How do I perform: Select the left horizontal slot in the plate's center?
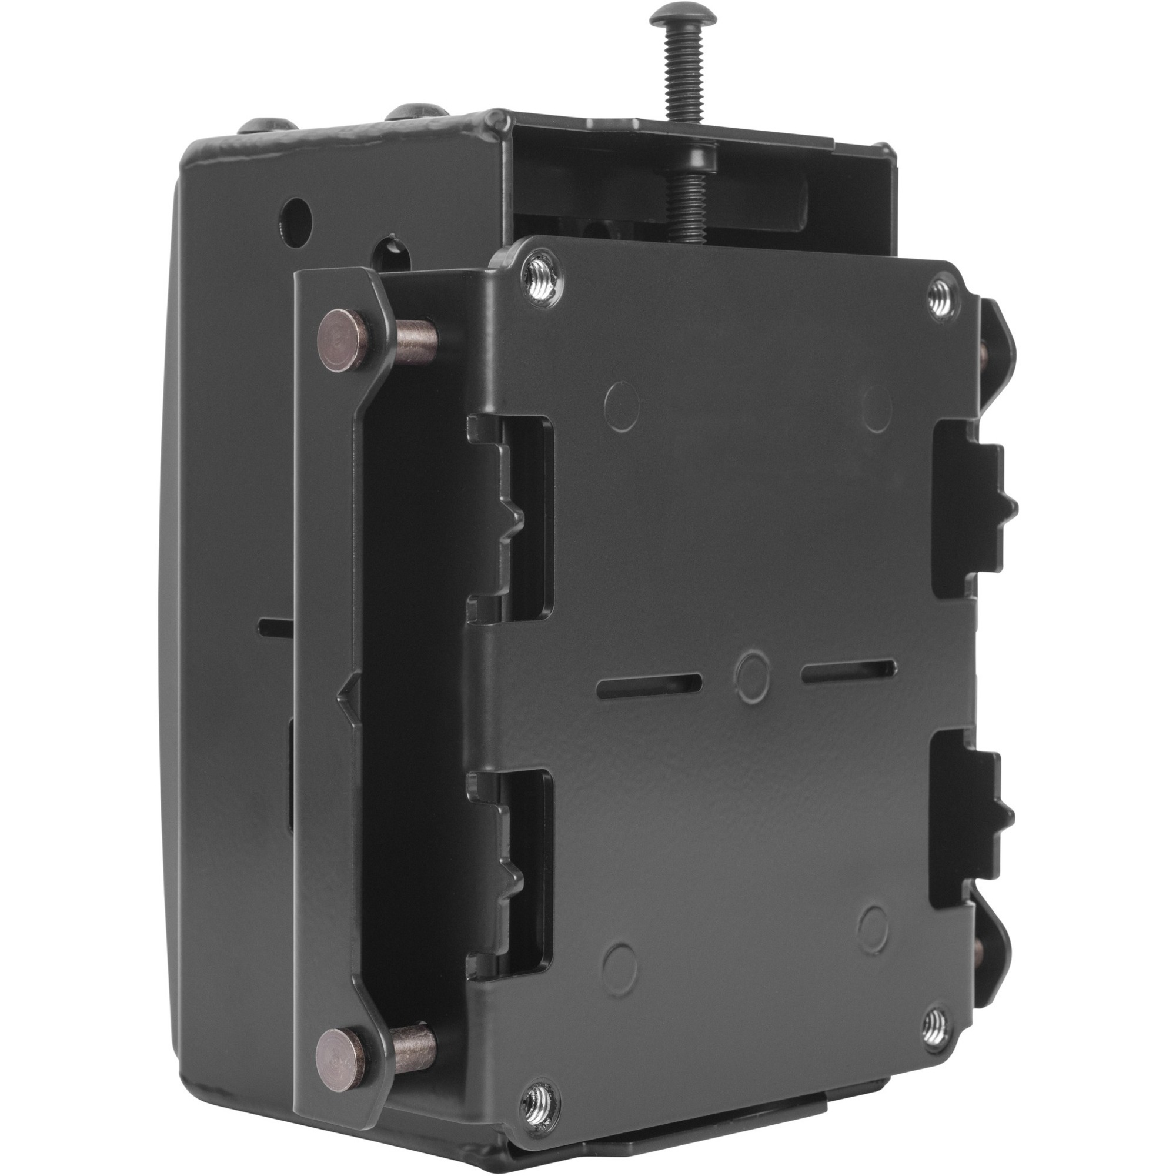650,686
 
